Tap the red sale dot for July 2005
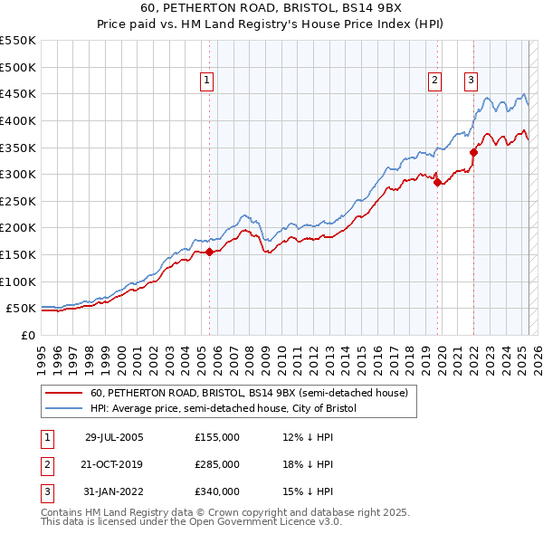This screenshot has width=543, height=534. tap(209, 252)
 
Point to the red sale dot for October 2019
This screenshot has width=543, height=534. tap(437, 182)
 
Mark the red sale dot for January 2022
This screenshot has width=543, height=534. tap(473, 152)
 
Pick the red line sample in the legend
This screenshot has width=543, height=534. tap(62, 393)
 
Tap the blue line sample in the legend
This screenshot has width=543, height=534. tap(62, 408)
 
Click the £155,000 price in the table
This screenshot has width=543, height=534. tap(217, 437)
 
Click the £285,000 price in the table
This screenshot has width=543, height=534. tap(217, 464)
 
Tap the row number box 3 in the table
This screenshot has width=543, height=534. tap(46, 491)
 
